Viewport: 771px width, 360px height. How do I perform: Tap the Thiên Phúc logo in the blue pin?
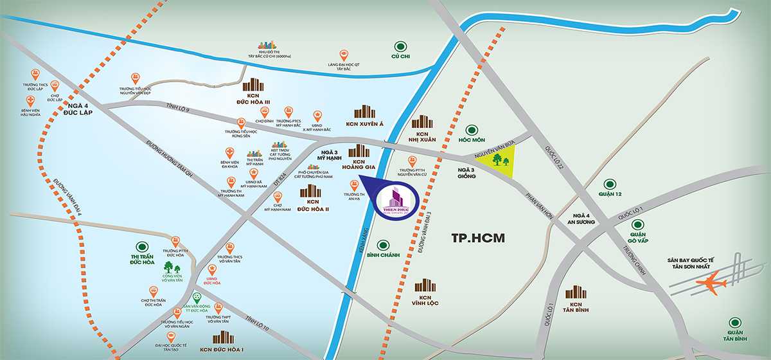tap(394, 201)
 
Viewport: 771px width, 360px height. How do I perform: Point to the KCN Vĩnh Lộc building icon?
tap(425, 286)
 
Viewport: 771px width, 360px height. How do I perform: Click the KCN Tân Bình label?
tap(576, 309)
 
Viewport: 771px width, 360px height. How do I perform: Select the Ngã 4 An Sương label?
tap(583, 220)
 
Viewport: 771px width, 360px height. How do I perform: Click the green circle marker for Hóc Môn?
tap(474, 129)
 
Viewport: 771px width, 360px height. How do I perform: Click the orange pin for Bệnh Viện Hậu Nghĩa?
tap(30, 100)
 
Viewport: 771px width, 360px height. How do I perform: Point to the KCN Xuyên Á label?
tap(364, 124)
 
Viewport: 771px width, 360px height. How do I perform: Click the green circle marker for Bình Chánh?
tap(383, 246)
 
